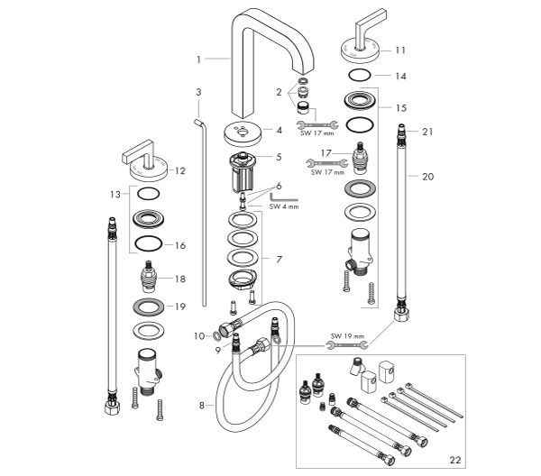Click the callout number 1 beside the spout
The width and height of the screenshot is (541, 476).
click(x=198, y=59)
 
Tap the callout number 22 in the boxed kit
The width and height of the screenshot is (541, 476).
click(x=454, y=460)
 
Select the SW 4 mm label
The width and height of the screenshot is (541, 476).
click(x=284, y=206)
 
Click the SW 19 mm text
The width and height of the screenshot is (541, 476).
click(x=347, y=336)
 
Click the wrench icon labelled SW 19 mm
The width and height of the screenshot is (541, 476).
click(x=347, y=344)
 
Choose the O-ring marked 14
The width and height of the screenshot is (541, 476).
click(x=360, y=75)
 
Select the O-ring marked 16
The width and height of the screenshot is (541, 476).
click(x=149, y=244)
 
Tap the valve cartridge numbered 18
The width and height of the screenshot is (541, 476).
click(x=149, y=277)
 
